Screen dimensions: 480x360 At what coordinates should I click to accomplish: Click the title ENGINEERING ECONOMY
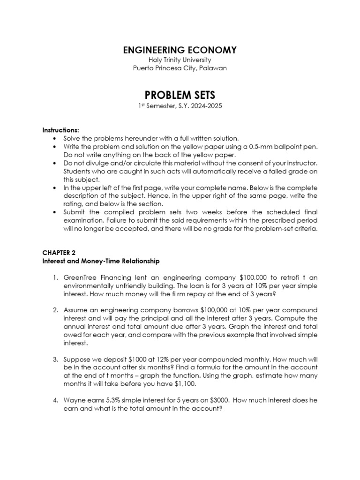tap(180, 50)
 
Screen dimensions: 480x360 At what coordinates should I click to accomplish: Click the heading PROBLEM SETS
tap(180, 95)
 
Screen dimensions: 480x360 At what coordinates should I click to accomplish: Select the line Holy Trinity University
tap(180, 60)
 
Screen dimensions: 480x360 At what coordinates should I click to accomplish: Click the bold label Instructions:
tap(60, 129)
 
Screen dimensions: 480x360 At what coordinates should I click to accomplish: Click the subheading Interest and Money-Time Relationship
tap(101, 261)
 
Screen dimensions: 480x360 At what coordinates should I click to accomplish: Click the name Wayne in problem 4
tap(74, 400)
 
